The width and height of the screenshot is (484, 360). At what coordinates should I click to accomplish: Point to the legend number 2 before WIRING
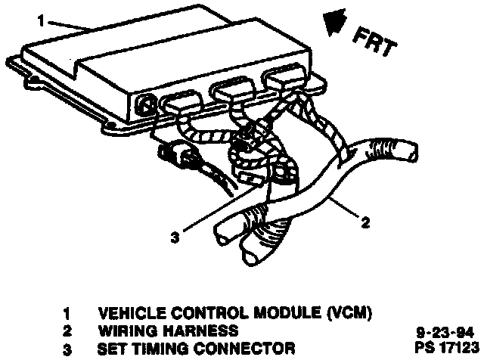click(x=66, y=331)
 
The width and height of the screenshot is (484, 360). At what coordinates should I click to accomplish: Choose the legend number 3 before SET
click(x=66, y=349)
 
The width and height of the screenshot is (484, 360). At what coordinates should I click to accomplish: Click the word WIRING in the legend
click(x=124, y=331)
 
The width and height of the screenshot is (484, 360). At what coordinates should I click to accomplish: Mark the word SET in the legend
click(x=112, y=349)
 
